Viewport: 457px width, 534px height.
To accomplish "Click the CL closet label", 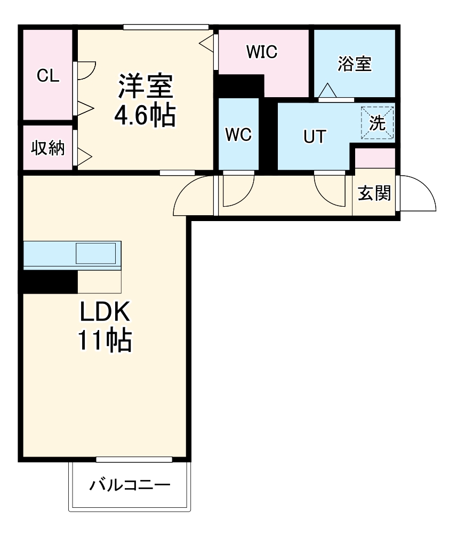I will tap(48, 75).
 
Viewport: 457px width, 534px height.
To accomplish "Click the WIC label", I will tap(261, 52).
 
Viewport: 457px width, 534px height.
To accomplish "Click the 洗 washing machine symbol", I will tap(378, 123).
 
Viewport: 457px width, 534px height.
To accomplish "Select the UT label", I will tap(314, 137).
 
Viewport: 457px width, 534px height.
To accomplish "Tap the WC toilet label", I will tap(238, 135).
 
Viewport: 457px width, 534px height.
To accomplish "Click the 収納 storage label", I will tap(47, 148).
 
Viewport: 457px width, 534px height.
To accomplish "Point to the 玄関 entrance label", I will tap(374, 193).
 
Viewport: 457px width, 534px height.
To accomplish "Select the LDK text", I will tap(106, 312).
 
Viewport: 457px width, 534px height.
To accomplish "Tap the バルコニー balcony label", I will tap(130, 485).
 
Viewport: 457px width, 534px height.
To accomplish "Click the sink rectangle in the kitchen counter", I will tap(95, 253).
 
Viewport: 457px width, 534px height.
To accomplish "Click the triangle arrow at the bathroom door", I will tap(326, 91).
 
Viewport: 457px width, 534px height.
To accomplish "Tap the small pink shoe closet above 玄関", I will tap(375, 159).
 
